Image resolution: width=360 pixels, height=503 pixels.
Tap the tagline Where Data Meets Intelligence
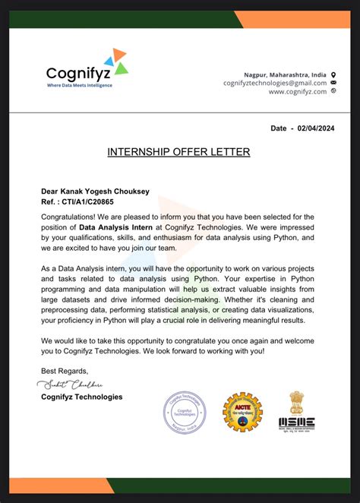(x=79, y=85)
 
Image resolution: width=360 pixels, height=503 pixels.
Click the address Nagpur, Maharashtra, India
(x=285, y=74)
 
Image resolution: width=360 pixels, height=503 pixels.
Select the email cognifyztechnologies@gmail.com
(x=275, y=83)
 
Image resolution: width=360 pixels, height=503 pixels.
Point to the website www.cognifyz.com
(x=297, y=91)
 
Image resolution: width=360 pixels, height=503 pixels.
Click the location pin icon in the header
(x=333, y=74)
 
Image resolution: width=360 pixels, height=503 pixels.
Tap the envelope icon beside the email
(x=333, y=83)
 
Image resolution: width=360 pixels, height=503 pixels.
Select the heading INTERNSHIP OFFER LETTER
(x=179, y=152)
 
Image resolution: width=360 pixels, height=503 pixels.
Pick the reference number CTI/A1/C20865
(x=87, y=203)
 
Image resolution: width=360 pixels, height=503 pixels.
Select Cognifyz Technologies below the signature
(x=81, y=397)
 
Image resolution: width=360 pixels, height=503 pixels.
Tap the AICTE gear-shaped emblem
(x=242, y=412)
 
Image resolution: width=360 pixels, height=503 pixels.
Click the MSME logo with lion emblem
(x=298, y=411)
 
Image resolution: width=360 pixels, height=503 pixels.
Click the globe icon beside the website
(x=333, y=91)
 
